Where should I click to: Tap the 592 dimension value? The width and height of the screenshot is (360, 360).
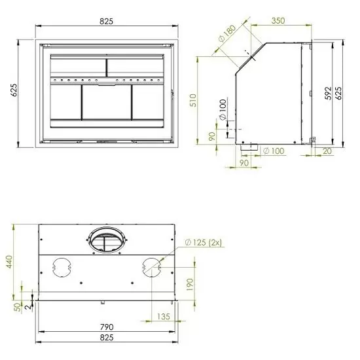pyautogui.click(x=328, y=93)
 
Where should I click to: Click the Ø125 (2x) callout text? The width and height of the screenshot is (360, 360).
pyautogui.click(x=204, y=243)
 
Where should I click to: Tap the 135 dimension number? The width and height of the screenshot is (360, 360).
pyautogui.click(x=164, y=317)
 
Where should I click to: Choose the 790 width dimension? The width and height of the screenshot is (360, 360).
pyautogui.click(x=107, y=327)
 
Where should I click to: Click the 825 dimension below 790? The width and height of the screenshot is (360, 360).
pyautogui.click(x=107, y=338)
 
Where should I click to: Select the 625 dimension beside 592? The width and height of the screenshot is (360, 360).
pyautogui.click(x=338, y=93)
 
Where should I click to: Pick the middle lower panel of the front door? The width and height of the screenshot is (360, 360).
pyautogui.click(x=107, y=102)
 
